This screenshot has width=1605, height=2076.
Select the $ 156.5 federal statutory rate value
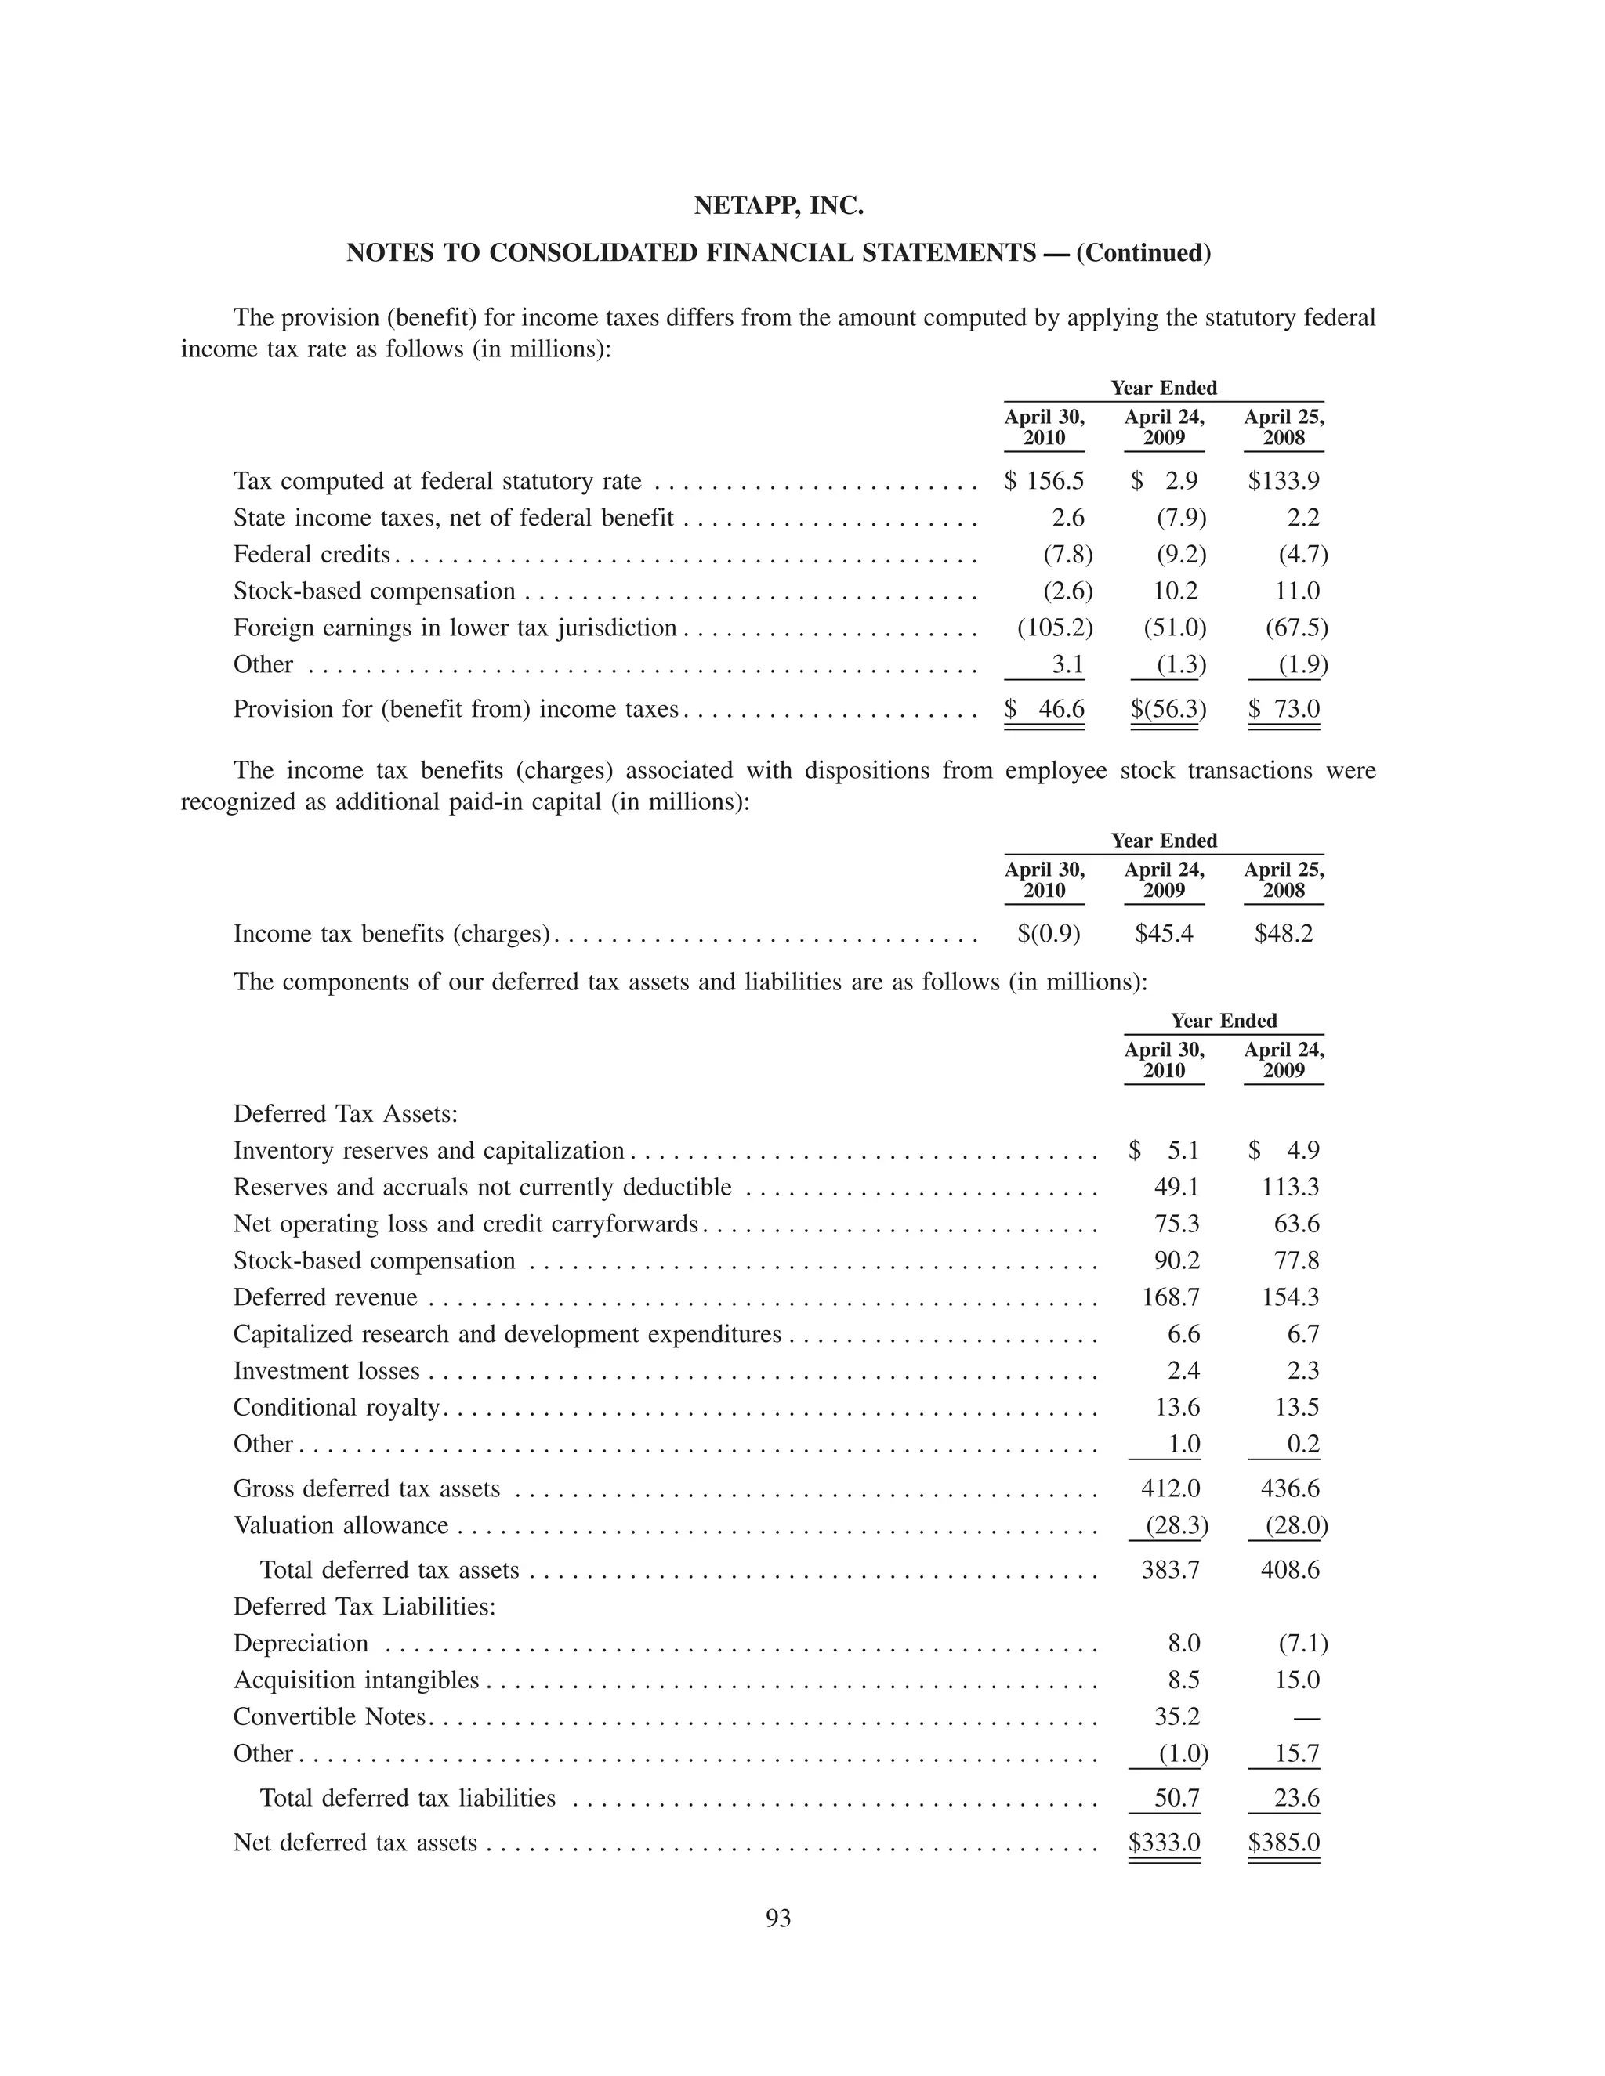tap(1045, 481)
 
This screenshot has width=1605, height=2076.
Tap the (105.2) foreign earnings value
tap(1055, 628)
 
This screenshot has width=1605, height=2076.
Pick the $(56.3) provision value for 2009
tap(1168, 709)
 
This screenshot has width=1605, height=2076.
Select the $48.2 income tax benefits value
tap(1284, 934)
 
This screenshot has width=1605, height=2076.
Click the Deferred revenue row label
tap(325, 1297)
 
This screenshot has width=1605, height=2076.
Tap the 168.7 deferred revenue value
tap(1171, 1297)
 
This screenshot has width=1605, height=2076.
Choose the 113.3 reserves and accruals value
tap(1290, 1187)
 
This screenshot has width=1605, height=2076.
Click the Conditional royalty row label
tap(336, 1407)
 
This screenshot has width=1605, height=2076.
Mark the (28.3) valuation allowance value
tap(1176, 1525)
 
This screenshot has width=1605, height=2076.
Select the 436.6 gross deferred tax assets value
tap(1290, 1488)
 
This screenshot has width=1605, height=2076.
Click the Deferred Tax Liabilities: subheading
tap(364, 1607)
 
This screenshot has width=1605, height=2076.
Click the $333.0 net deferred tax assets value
tap(1165, 1843)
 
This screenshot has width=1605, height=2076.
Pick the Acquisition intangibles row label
tap(356, 1680)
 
